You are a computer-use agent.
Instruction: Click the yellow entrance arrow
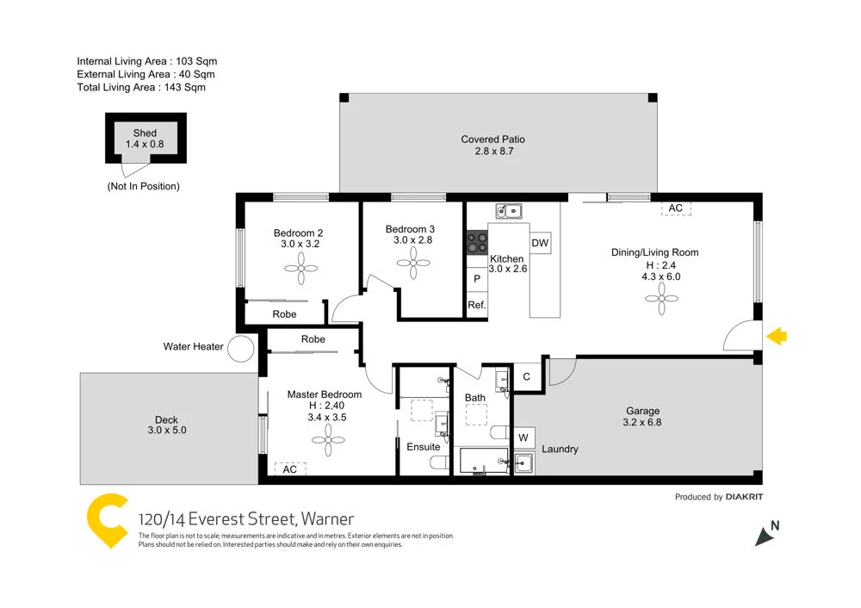click(x=777, y=337)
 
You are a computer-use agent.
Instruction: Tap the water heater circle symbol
click(x=242, y=349)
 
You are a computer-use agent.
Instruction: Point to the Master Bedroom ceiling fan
click(x=328, y=444)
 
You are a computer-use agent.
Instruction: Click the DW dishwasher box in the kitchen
click(x=540, y=244)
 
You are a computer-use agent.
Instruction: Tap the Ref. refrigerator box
click(x=477, y=305)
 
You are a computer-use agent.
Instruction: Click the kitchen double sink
click(x=508, y=211)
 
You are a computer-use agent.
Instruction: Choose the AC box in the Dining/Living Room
click(x=676, y=208)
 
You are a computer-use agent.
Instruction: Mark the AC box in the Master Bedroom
click(x=289, y=469)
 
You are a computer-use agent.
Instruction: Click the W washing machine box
click(x=523, y=437)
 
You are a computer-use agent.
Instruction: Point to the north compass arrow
click(x=765, y=536)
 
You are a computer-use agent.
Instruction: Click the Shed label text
click(x=145, y=133)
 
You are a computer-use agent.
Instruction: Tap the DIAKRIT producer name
click(x=744, y=497)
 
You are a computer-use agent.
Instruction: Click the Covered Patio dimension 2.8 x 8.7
click(x=492, y=152)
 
